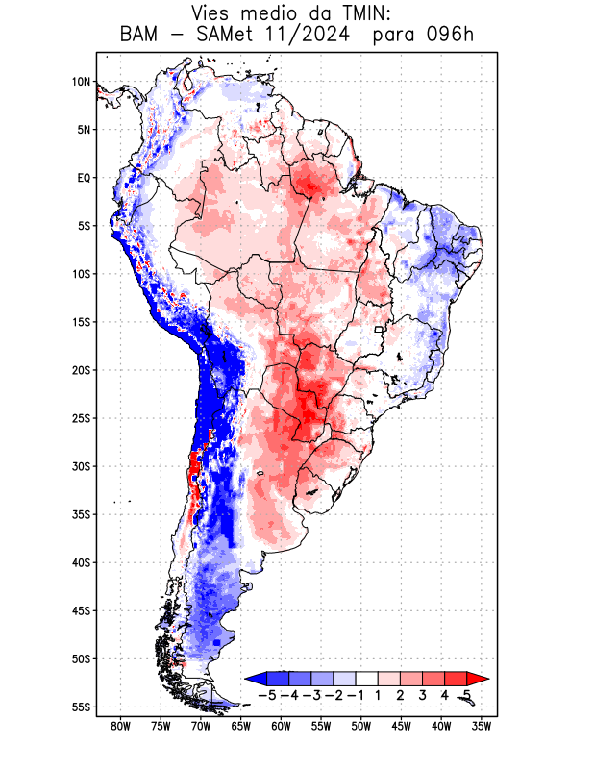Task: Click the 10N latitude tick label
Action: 81,82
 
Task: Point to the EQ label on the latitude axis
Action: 84,178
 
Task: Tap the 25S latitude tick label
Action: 81,418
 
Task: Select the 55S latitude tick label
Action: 81,707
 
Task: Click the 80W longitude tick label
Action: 121,726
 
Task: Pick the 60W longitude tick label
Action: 282,726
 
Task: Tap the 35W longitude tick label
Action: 483,726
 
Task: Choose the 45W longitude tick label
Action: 402,726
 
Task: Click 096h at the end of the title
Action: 451,36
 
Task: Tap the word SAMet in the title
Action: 233,36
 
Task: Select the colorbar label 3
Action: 423,695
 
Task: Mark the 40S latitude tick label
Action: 81,562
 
